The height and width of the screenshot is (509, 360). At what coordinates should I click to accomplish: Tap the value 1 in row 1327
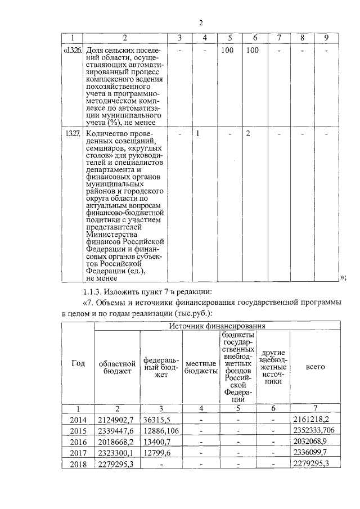pos(199,135)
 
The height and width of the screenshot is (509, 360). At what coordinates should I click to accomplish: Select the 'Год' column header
pos(78,363)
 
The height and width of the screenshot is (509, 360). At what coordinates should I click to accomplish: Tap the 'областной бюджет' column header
pos(117,367)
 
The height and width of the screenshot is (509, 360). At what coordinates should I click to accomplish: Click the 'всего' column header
pos(316,367)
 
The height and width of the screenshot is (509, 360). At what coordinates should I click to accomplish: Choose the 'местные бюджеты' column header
pos(201,367)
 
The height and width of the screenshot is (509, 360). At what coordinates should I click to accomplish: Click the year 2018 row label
pos(78,463)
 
